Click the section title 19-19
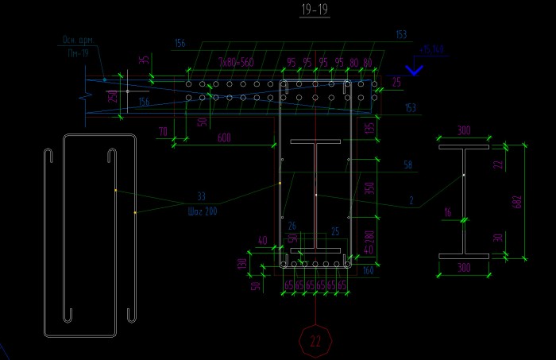click(x=315, y=10)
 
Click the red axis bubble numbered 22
click(x=315, y=341)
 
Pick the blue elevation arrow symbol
click(x=415, y=70)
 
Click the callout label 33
click(x=201, y=196)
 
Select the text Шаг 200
click(x=202, y=211)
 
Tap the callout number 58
click(x=408, y=165)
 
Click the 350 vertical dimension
click(x=368, y=188)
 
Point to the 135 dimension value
click(x=368, y=127)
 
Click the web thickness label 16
click(x=447, y=212)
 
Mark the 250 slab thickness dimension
click(x=113, y=96)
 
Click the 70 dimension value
click(x=163, y=131)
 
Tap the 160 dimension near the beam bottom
click(x=368, y=271)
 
